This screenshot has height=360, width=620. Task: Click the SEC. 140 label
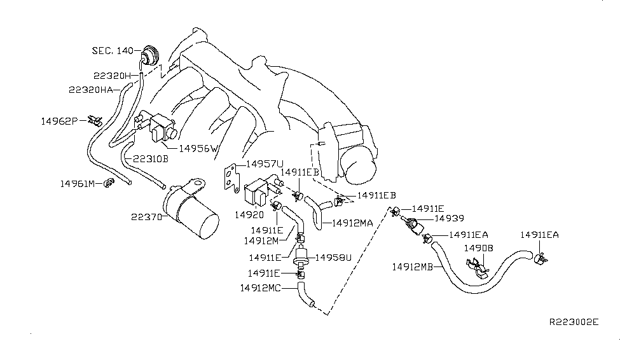coord(114,51)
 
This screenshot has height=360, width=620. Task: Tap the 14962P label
coord(59,120)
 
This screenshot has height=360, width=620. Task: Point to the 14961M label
coord(78,184)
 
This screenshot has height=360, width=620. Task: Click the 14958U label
coord(334,257)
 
